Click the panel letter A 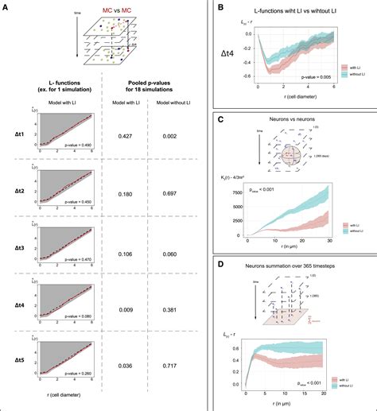coord(6,6)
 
